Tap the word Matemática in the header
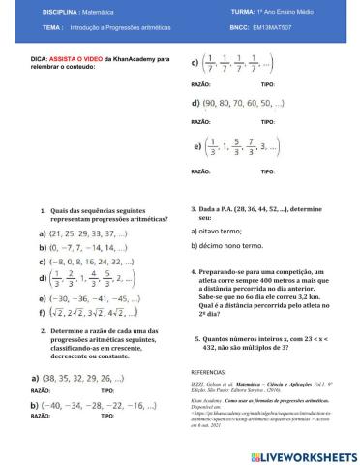click(x=117, y=12)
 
